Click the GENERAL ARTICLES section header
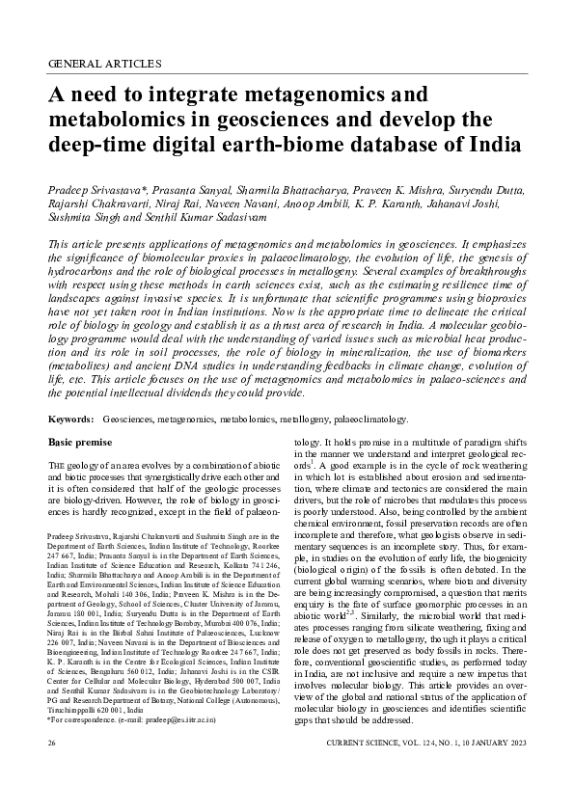coord(104,64)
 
